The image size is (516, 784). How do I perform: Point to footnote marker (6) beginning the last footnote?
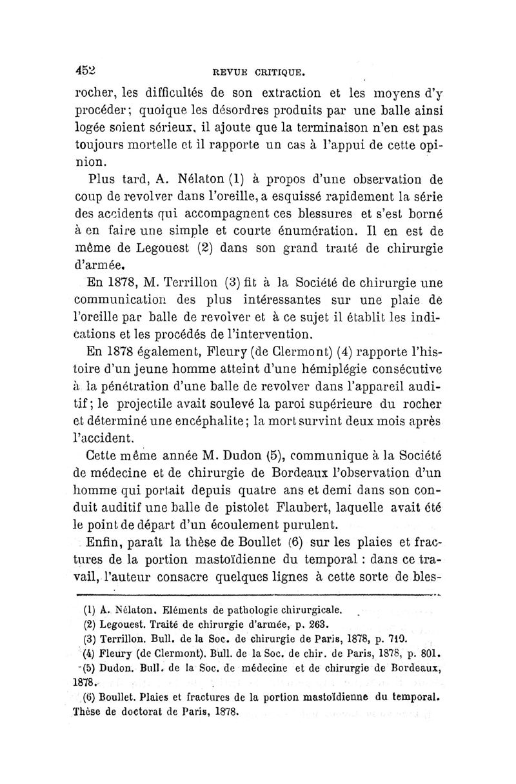coord(90,696)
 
